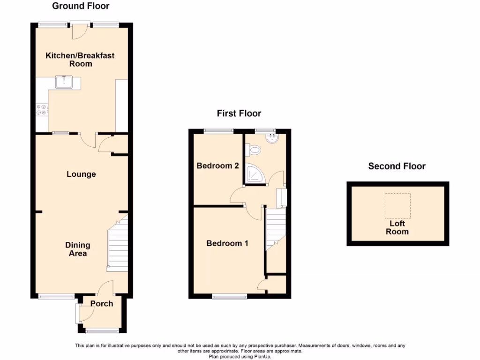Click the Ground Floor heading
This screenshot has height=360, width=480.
click(x=81, y=6)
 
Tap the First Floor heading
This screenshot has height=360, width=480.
click(x=239, y=113)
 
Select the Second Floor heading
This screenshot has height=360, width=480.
click(x=397, y=166)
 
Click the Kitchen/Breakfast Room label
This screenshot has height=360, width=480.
click(x=80, y=60)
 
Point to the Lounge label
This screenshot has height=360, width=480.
click(x=81, y=174)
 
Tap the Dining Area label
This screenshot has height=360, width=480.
click(x=78, y=249)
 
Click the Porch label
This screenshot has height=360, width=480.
click(x=102, y=304)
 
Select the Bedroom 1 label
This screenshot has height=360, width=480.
click(x=227, y=243)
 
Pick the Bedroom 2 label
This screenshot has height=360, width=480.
click(x=217, y=166)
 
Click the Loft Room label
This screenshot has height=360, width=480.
click(x=397, y=228)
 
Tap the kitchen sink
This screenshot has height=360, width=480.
click(x=62, y=82)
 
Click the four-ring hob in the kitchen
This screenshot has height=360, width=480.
click(x=41, y=110)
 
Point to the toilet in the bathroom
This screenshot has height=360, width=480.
click(x=254, y=150)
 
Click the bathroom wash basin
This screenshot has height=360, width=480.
click(x=272, y=138)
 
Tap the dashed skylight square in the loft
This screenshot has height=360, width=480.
click(x=397, y=205)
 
